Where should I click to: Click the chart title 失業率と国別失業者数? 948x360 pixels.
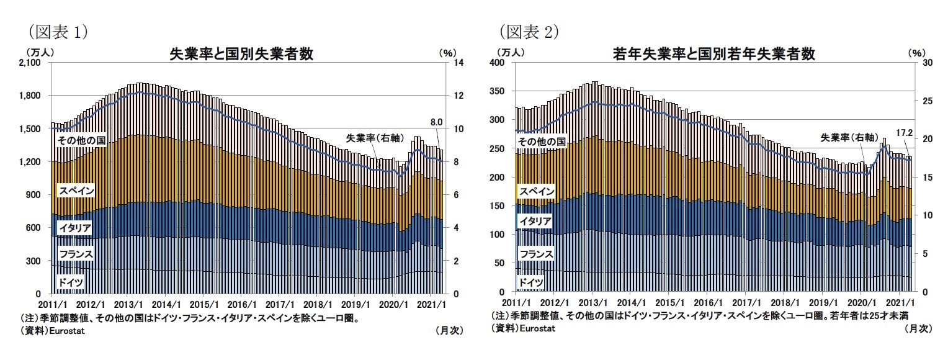point(241,54)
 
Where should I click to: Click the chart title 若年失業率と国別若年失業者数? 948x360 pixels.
point(713,54)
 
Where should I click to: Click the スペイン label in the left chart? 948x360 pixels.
point(76,191)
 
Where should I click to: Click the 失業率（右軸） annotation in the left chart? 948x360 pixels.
point(370,138)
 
